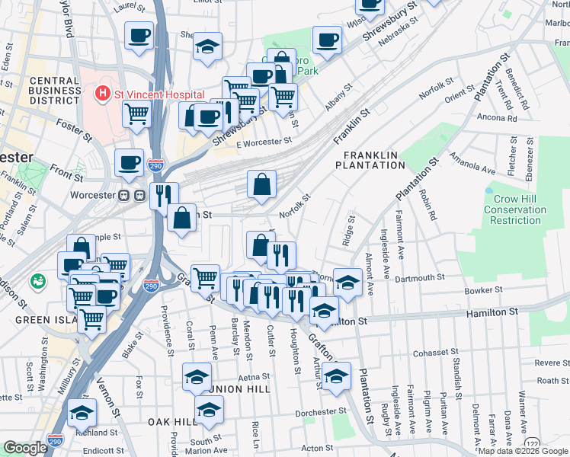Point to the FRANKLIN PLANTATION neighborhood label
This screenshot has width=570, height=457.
[x=370, y=159]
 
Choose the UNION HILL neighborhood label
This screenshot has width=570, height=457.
[x=246, y=389]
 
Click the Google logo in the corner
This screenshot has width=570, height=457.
[x=25, y=449]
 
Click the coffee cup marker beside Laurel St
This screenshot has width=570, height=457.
[x=139, y=36]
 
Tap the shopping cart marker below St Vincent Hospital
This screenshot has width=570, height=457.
[x=136, y=114]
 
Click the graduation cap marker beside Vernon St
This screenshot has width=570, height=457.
[x=82, y=413]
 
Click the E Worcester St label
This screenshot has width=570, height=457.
[x=264, y=142]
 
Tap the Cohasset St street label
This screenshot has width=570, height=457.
[x=434, y=353]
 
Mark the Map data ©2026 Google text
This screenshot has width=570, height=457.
[x=523, y=450]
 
